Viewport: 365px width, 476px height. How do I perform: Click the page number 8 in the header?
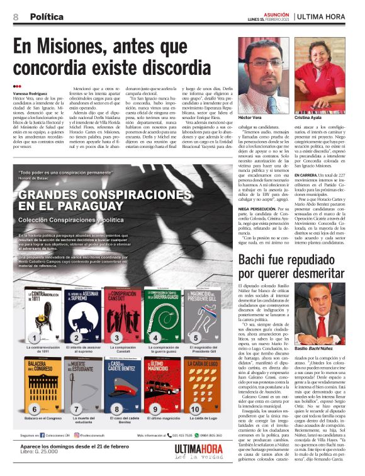click(x=16, y=16)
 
